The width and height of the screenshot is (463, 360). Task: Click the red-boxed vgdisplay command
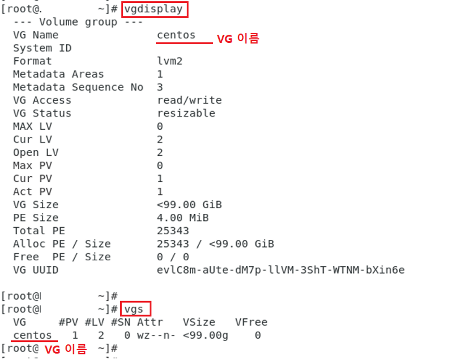pyautogui.click(x=155, y=9)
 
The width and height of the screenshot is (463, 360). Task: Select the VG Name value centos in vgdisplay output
pyautogui.click(x=176, y=35)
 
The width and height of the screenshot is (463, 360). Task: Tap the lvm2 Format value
pyautogui.click(x=170, y=61)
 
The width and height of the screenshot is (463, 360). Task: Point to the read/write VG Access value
pyautogui.click(x=189, y=100)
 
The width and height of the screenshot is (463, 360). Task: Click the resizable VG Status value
pyautogui.click(x=186, y=113)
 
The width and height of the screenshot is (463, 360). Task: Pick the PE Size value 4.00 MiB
pyautogui.click(x=183, y=218)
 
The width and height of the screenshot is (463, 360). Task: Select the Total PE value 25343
pyautogui.click(x=173, y=231)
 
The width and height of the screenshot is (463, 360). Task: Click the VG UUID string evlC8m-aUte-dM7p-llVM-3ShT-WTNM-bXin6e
pyautogui.click(x=281, y=270)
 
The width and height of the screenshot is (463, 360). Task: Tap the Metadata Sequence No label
pyautogui.click(x=78, y=87)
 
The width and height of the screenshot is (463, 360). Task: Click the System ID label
pyautogui.click(x=42, y=48)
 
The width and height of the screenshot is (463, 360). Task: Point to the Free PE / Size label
pyautogui.click(x=62, y=257)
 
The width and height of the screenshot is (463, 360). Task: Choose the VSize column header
pyautogui.click(x=199, y=322)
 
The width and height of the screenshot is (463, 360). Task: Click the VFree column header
pyautogui.click(x=251, y=322)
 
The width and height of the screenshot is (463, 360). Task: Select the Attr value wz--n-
pyautogui.click(x=156, y=335)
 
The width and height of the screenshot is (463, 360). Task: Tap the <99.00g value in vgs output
pyautogui.click(x=206, y=335)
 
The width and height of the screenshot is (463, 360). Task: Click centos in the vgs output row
pyautogui.click(x=32, y=335)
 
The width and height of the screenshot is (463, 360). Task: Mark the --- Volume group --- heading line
pyautogui.click(x=78, y=22)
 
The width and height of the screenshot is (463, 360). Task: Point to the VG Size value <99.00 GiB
pyautogui.click(x=189, y=205)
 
